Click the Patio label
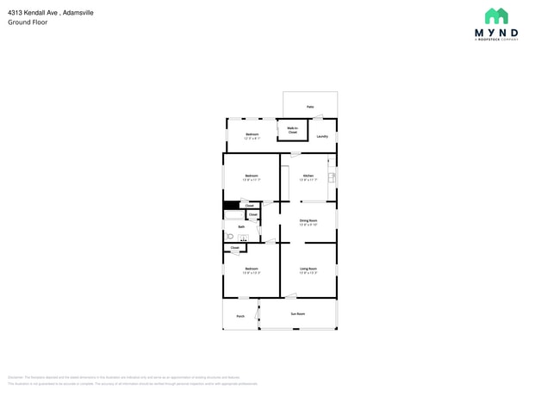[x=310, y=107]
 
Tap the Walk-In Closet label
[x=292, y=130]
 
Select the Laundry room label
[x=321, y=136]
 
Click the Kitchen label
[x=308, y=176]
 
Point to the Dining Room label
[x=308, y=220]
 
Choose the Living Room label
[x=308, y=269]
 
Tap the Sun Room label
[x=297, y=313]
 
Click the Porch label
[x=240, y=316]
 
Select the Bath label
[x=229, y=226]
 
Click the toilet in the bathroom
[x=230, y=236]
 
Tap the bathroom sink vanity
[x=243, y=238]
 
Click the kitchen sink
[x=332, y=176]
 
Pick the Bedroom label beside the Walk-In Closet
[x=252, y=134]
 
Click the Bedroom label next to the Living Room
[x=252, y=269]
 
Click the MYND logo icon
[x=496, y=17]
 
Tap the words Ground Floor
[x=28, y=22]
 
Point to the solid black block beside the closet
[x=231, y=206]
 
